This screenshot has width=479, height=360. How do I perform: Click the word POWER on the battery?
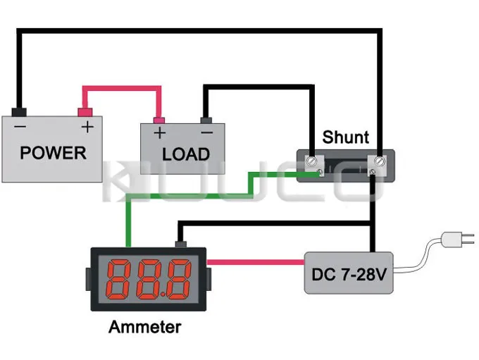tap(53, 152)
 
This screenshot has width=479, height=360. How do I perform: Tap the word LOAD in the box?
tap(186, 154)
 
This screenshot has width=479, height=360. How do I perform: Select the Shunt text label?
tap(345, 137)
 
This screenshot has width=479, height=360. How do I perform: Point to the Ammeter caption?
tap(144, 327)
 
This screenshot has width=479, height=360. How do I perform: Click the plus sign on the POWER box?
tap(87, 127)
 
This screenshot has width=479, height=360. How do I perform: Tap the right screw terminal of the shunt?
tap(378, 163)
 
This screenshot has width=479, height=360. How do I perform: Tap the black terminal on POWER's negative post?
tap(20, 111)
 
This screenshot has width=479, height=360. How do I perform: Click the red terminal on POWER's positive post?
tap(85, 111)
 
